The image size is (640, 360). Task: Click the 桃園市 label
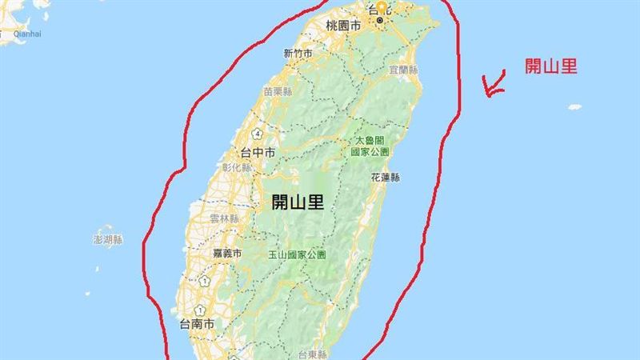tap(343, 26)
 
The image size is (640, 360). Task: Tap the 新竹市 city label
tap(298, 54)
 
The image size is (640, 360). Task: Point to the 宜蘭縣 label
tap(404, 70)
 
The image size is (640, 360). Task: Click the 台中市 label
tap(258, 152)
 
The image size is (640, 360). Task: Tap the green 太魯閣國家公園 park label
tap(370, 146)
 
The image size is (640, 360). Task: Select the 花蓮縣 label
tap(386, 177)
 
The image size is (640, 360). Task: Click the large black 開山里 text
tap(298, 202)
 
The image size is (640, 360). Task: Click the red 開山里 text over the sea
tap(550, 66)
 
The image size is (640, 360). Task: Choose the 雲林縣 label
tap(225, 218)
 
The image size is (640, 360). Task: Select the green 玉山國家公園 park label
tap(297, 255)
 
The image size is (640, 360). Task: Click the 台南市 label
tap(197, 325)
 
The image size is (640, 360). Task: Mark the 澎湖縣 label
tap(108, 239)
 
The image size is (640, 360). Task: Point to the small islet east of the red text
tap(574, 106)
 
